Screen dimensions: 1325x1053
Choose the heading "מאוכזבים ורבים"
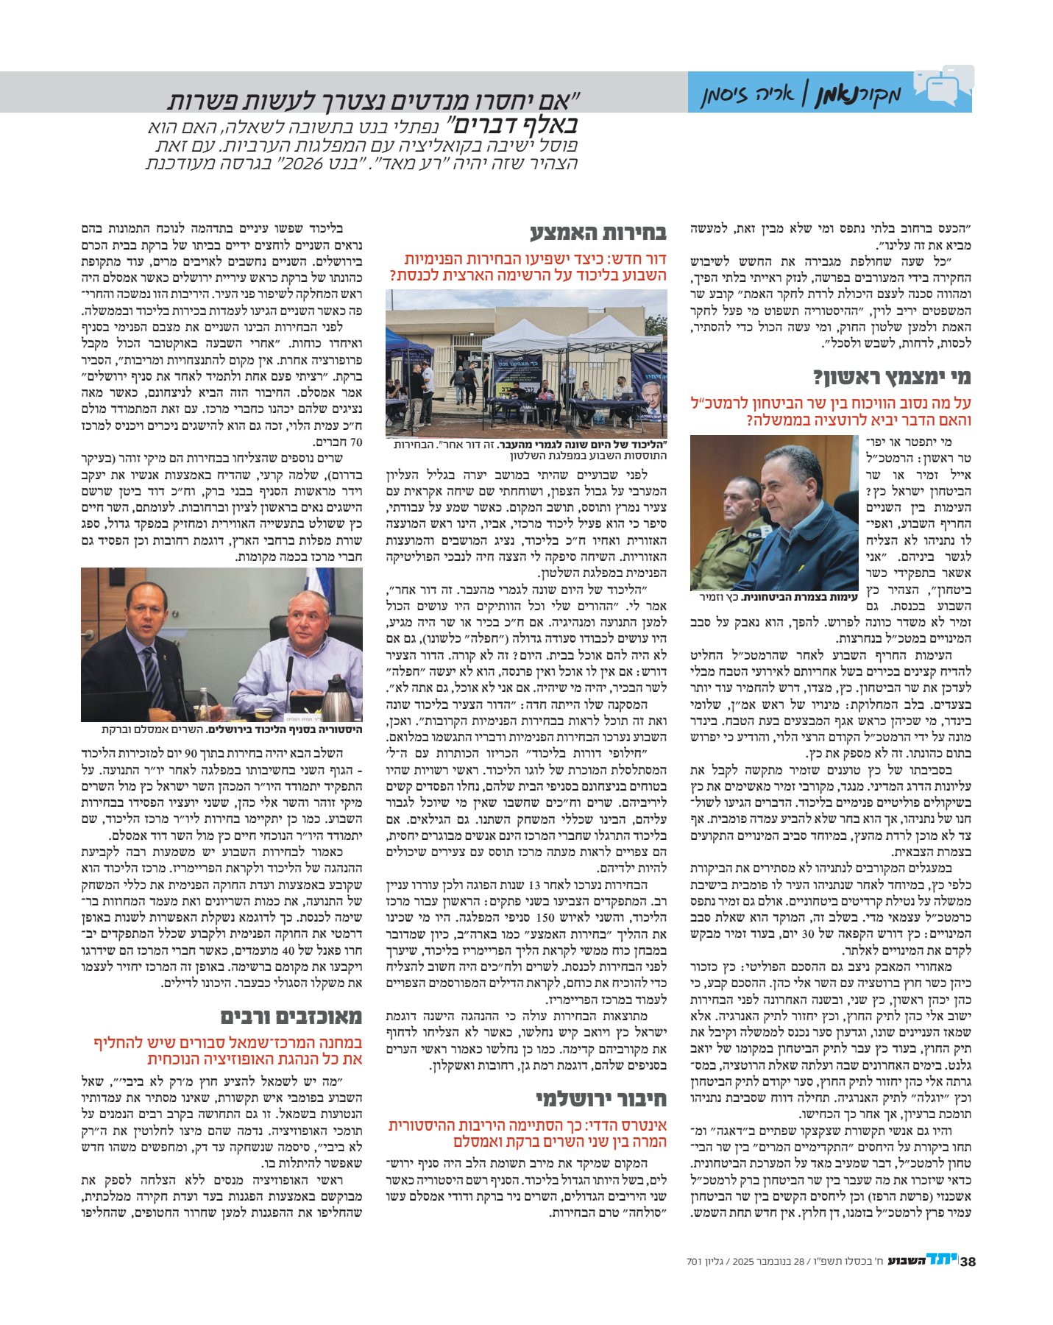(291, 1017)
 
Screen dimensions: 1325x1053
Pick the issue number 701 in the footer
(695, 1262)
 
